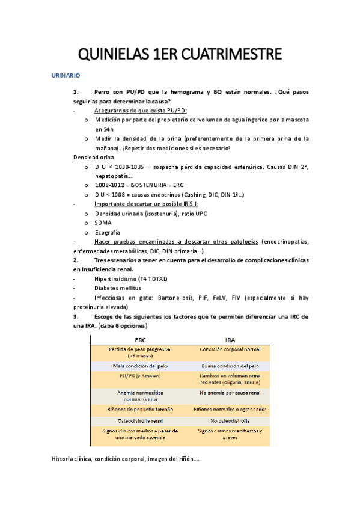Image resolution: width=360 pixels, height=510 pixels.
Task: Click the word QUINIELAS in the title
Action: coord(109,55)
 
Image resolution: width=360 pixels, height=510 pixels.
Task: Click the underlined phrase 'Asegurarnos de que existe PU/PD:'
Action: coord(141,111)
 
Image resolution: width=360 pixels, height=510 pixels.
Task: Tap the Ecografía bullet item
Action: coord(107,232)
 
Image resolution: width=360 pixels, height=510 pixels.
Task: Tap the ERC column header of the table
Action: coord(141,340)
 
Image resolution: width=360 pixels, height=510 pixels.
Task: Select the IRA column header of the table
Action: coord(230,340)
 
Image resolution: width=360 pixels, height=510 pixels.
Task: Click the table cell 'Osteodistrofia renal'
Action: coord(141,420)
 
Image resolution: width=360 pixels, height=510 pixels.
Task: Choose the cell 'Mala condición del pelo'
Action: coord(141,365)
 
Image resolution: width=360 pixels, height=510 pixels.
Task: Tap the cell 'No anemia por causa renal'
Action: coord(230,393)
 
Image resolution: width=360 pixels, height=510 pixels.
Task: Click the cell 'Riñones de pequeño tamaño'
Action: coord(141,409)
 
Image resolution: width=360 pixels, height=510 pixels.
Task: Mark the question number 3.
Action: coord(76,316)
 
